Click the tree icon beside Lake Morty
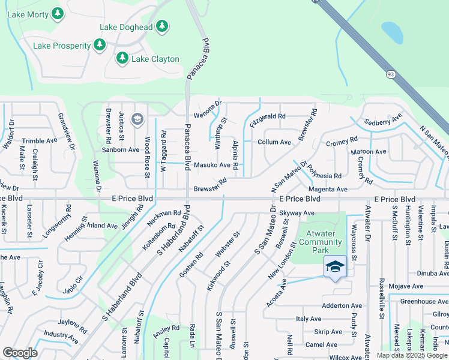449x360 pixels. point(58,13)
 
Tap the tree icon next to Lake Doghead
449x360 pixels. point(161,26)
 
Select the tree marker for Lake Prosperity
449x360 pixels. point(100,45)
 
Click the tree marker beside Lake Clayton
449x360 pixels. point(122,58)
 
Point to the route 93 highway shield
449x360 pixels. point(390,74)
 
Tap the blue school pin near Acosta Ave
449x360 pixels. point(335,266)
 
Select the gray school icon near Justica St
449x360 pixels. point(137,119)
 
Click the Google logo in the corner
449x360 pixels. point(20,352)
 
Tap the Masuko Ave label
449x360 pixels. point(212,165)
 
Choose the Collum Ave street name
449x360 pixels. point(274,142)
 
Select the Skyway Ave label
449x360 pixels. point(297,213)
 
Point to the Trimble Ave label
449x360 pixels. point(40,140)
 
